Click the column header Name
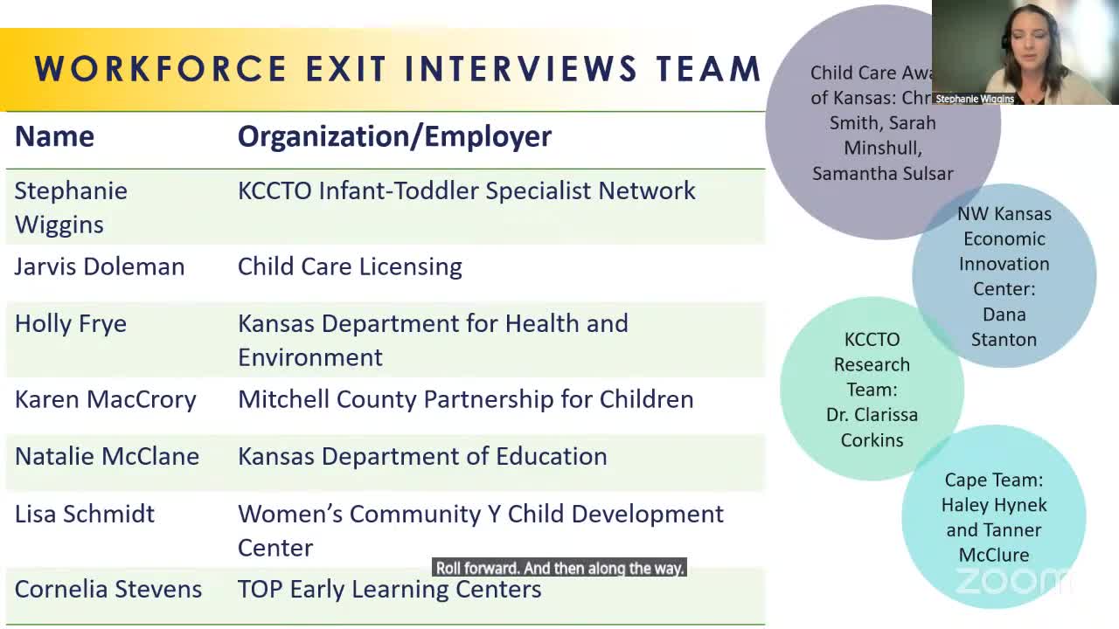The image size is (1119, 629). click(x=54, y=136)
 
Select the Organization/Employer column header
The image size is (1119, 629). click(x=394, y=136)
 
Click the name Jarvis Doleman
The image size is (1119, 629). click(x=100, y=266)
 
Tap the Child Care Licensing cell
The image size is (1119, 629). click(x=350, y=266)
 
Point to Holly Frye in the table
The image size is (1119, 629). click(x=71, y=324)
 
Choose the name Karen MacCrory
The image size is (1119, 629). click(x=106, y=399)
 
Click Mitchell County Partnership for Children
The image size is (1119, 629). click(x=465, y=399)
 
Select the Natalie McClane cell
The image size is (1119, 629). click(x=107, y=456)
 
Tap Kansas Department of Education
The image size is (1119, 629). click(x=422, y=456)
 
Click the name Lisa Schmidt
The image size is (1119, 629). click(x=85, y=514)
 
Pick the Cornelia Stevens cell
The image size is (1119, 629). click(x=108, y=589)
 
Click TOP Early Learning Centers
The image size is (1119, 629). click(x=390, y=589)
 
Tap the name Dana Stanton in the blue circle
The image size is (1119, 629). click(x=1004, y=327)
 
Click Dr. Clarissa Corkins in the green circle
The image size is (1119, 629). click(x=872, y=427)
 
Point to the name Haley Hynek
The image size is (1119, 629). click(x=994, y=505)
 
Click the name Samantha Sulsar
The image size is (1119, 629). click(x=883, y=174)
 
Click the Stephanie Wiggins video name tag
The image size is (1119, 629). click(x=975, y=99)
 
